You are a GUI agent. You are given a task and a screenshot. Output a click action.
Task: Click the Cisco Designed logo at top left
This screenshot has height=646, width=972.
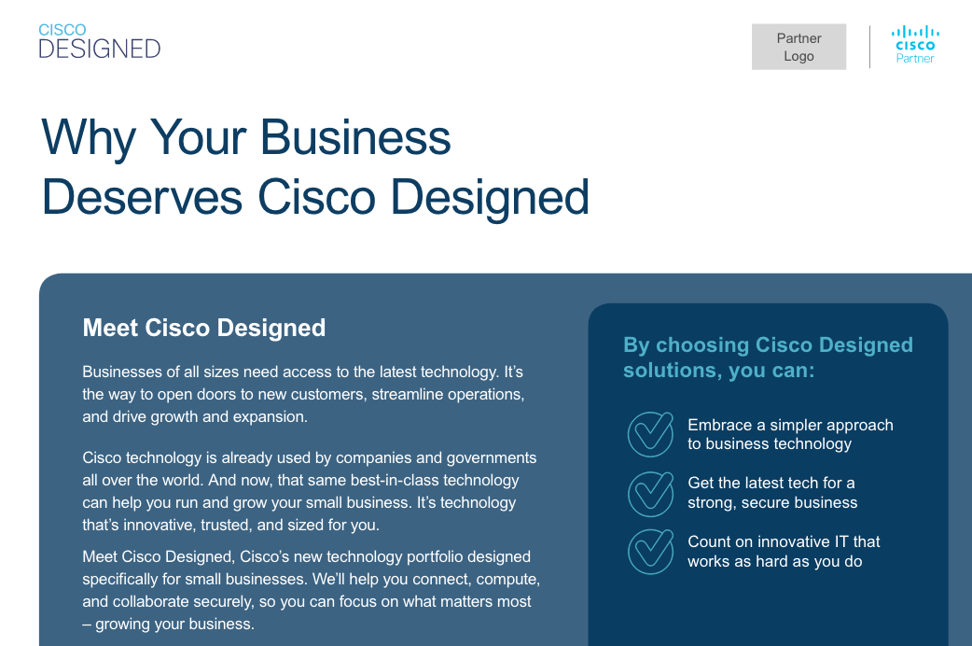pyautogui.click(x=99, y=41)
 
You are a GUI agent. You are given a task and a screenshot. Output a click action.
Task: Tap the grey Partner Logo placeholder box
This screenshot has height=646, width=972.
pyautogui.click(x=798, y=47)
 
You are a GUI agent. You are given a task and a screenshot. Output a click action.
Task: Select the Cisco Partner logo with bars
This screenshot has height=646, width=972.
pyautogui.click(x=915, y=45)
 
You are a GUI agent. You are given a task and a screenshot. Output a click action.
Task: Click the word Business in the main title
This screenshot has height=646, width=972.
pyautogui.click(x=355, y=137)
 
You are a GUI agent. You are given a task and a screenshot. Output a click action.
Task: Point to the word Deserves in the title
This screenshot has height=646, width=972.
pyautogui.click(x=142, y=197)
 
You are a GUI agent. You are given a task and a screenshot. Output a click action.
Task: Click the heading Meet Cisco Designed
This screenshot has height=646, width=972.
pyautogui.click(x=204, y=328)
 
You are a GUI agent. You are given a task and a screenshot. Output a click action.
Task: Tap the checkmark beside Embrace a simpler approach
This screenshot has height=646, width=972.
pyautogui.click(x=650, y=434)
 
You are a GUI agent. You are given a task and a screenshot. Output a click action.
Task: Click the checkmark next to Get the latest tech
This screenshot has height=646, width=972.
pyautogui.click(x=650, y=493)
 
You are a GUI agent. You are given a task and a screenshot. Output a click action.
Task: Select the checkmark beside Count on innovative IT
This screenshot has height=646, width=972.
pyautogui.click(x=650, y=551)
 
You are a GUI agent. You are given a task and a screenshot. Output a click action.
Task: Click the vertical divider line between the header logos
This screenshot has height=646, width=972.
pyautogui.click(x=869, y=47)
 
